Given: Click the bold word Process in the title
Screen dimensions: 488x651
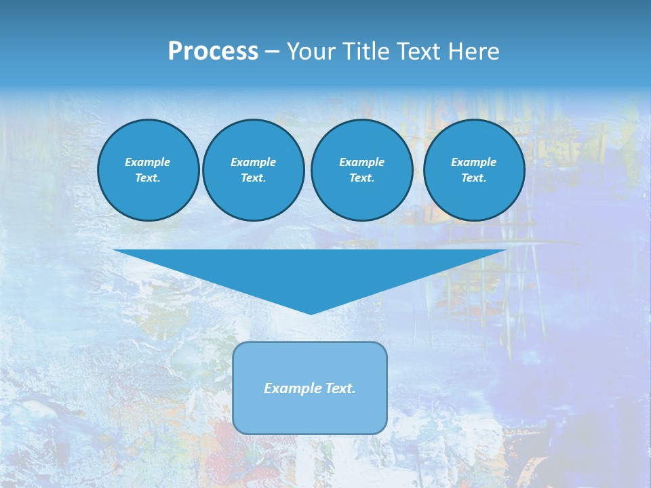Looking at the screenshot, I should tap(213, 52).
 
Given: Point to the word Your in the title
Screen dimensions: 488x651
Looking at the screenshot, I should tap(311, 52).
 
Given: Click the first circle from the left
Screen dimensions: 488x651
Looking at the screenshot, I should tap(148, 169).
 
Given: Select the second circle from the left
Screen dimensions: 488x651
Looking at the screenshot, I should tap(253, 169).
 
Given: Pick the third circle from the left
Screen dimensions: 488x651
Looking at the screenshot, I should tap(361, 169).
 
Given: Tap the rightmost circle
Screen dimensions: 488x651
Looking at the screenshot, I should tap(473, 169).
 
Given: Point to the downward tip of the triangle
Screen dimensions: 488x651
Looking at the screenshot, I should tap(311, 312).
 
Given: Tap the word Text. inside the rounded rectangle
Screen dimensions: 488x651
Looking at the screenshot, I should tap(340, 388).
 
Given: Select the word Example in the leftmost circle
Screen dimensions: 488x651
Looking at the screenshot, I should tap(148, 162).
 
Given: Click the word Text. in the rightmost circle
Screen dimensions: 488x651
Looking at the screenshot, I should tap(473, 178).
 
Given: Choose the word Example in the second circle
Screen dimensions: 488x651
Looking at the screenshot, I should tap(253, 162).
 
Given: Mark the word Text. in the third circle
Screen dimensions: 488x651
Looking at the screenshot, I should tap(361, 178).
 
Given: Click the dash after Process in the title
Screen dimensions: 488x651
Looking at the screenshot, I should tap(272, 52).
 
